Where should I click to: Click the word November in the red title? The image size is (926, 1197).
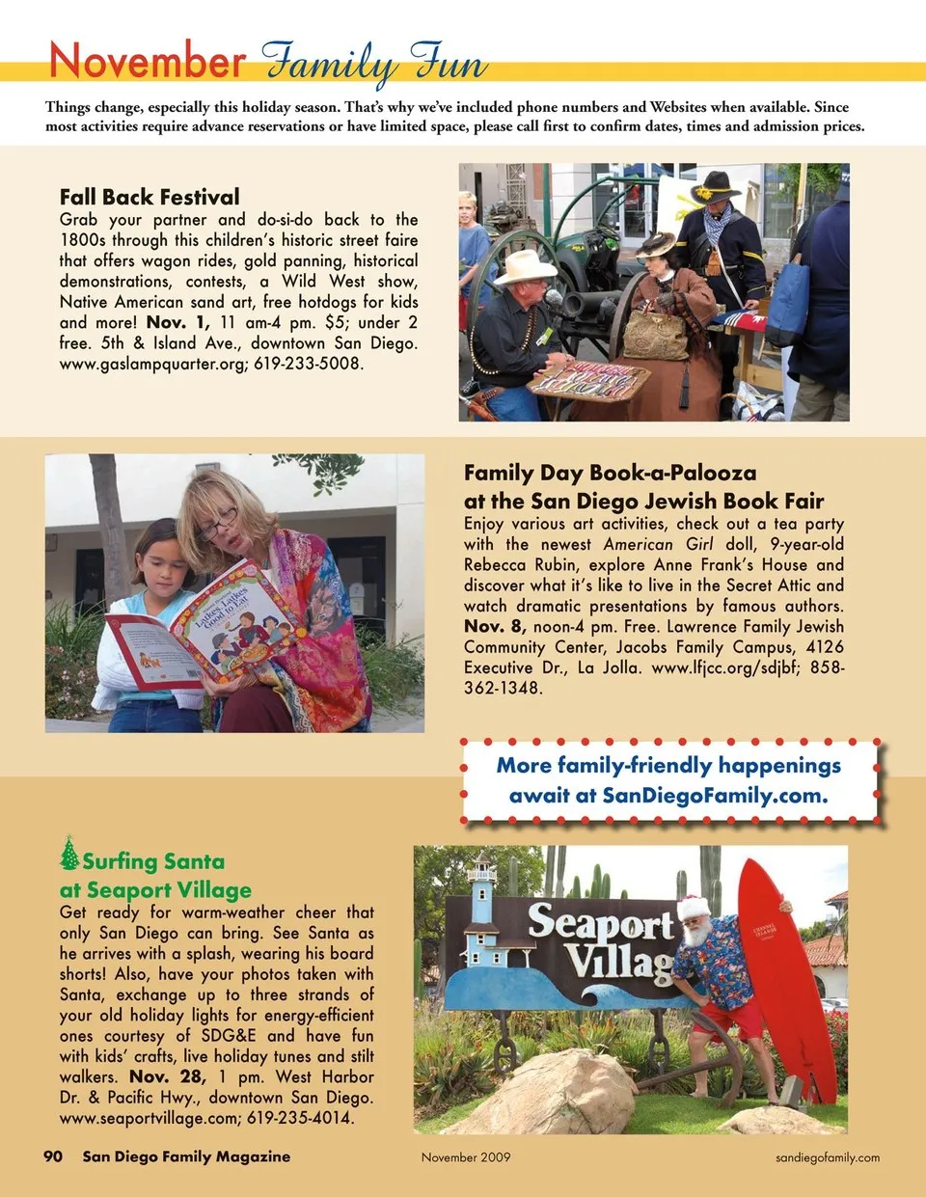(147, 61)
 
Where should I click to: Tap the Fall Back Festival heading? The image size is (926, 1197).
(150, 197)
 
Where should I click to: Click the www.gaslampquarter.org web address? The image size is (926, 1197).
(152, 364)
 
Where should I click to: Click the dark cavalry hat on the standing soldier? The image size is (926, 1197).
(716, 186)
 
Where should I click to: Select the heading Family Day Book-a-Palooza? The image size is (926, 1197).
(610, 473)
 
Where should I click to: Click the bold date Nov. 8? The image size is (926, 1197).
(494, 626)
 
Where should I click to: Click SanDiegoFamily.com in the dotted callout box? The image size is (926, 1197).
(714, 796)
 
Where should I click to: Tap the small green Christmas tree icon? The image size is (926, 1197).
(69, 854)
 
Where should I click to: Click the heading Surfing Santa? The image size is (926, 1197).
(153, 861)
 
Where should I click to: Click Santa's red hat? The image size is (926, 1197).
(693, 907)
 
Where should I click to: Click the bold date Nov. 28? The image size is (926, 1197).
(167, 1076)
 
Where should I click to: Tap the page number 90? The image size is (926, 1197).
(54, 1156)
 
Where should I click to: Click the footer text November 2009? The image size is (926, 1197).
(466, 1156)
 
